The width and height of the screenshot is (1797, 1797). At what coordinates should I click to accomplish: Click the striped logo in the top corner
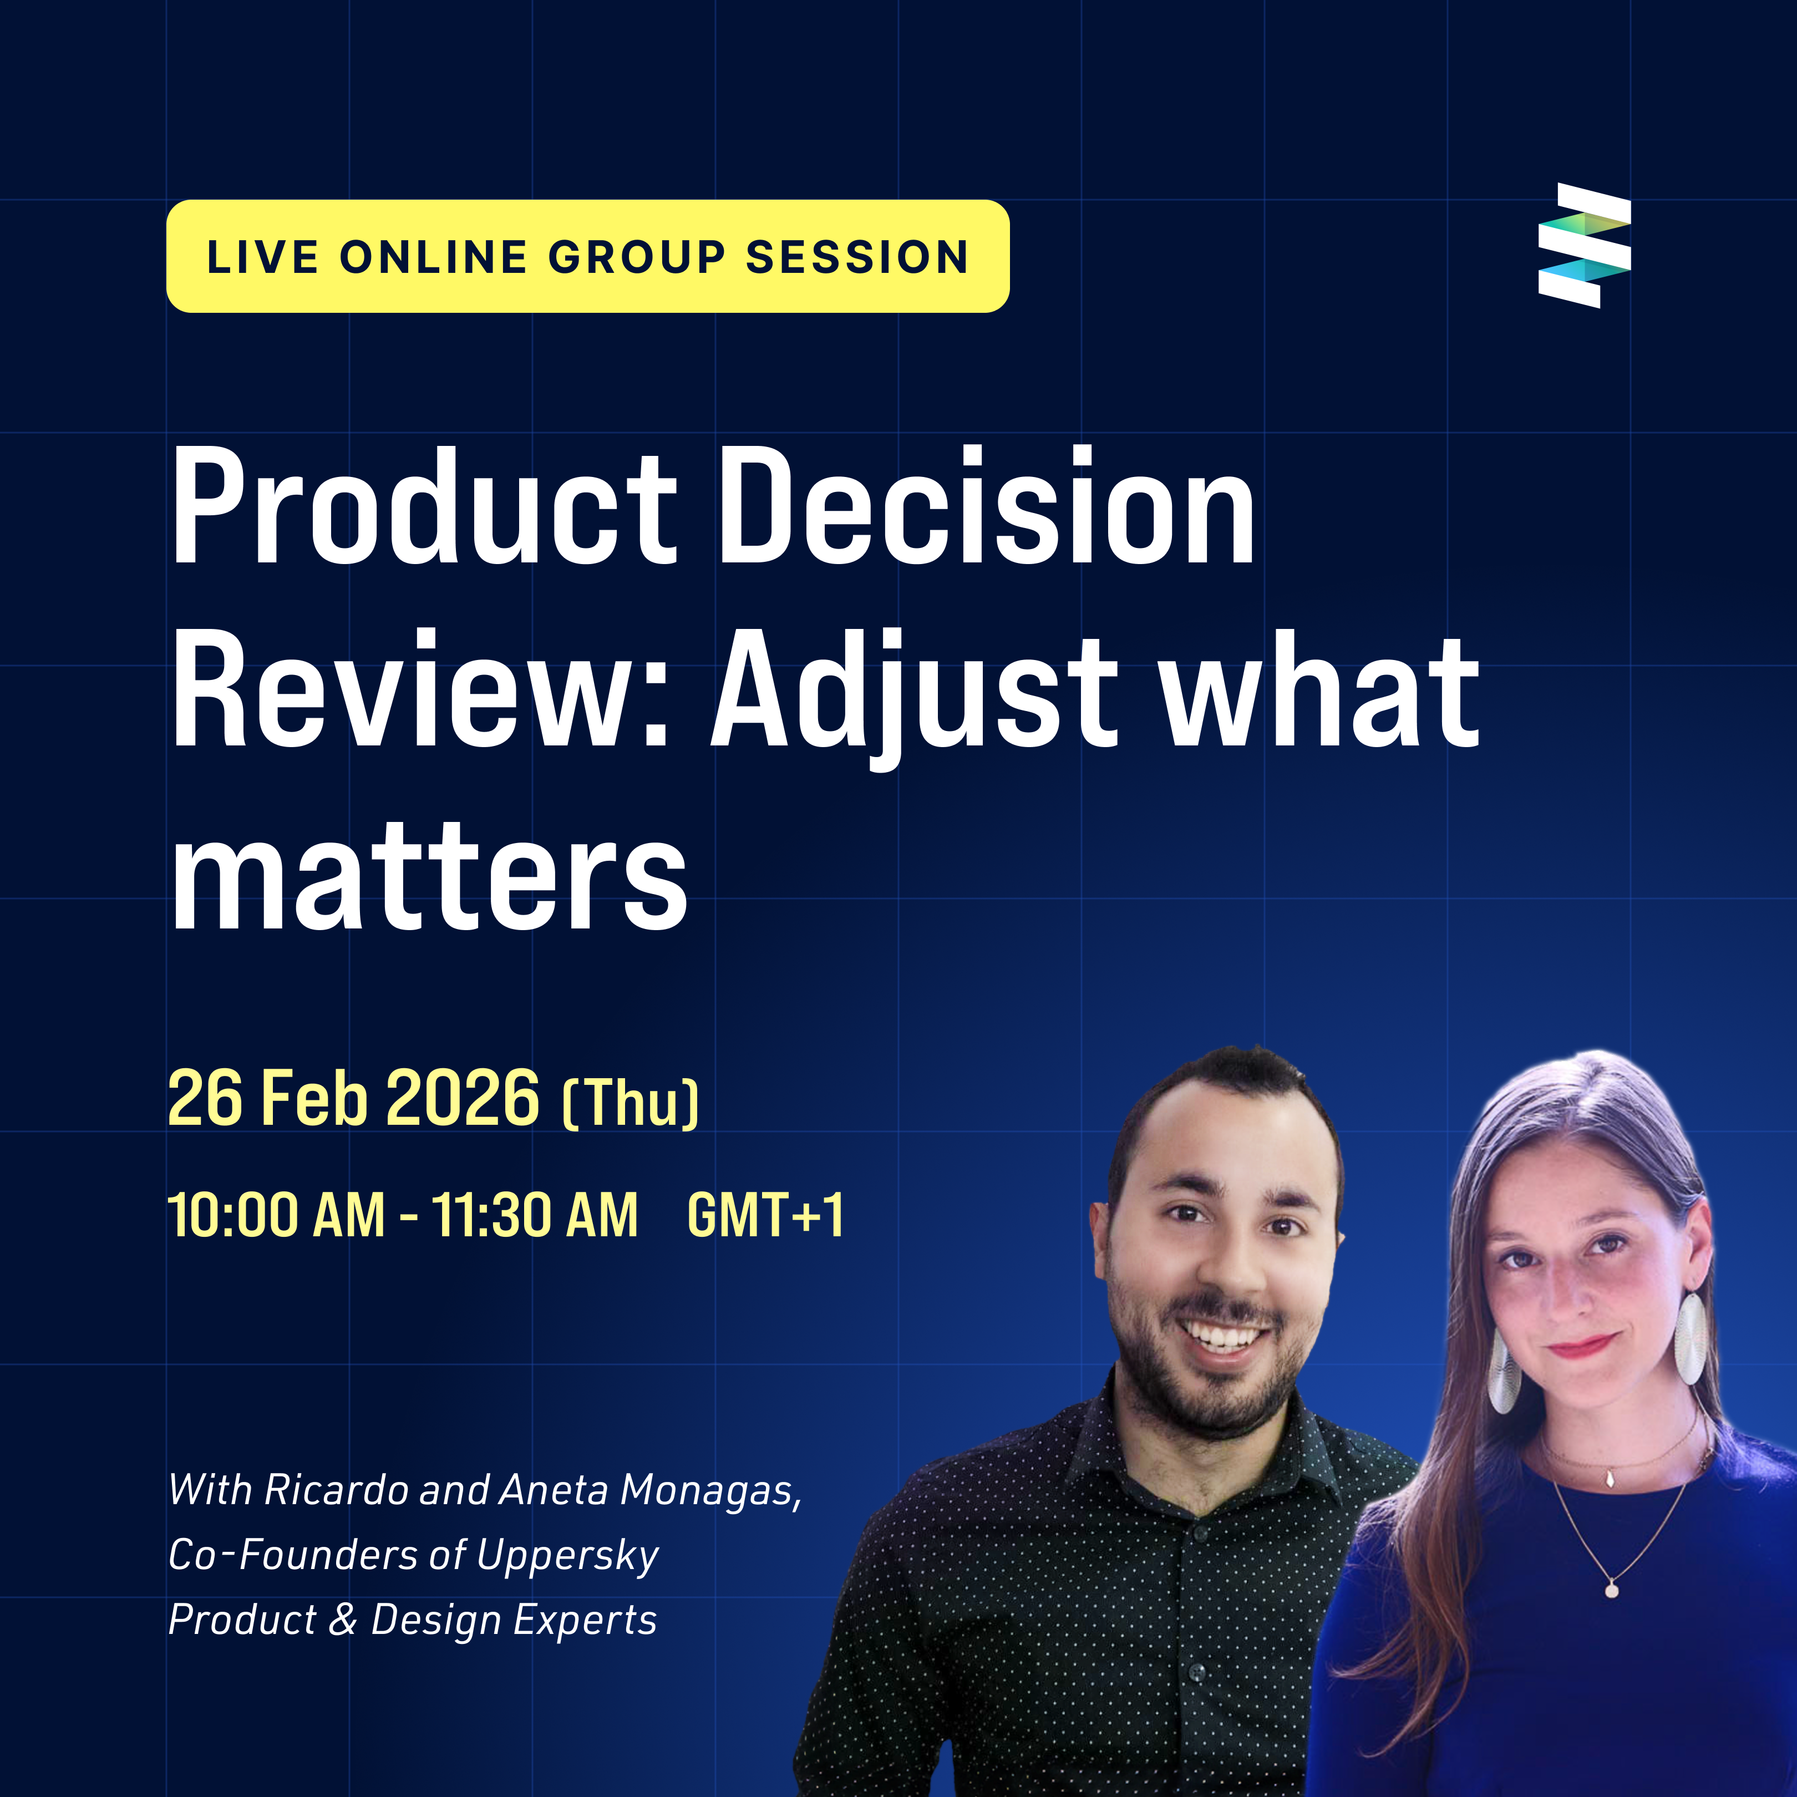pyautogui.click(x=1584, y=246)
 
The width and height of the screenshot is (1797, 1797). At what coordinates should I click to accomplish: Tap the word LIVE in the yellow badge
pyautogui.click(x=263, y=258)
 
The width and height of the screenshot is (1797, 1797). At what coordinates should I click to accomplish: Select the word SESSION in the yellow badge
pyautogui.click(x=857, y=258)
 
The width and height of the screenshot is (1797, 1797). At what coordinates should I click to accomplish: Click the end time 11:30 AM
pyautogui.click(x=535, y=1216)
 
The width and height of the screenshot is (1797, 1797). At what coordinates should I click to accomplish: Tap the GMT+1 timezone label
pyautogui.click(x=765, y=1216)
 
